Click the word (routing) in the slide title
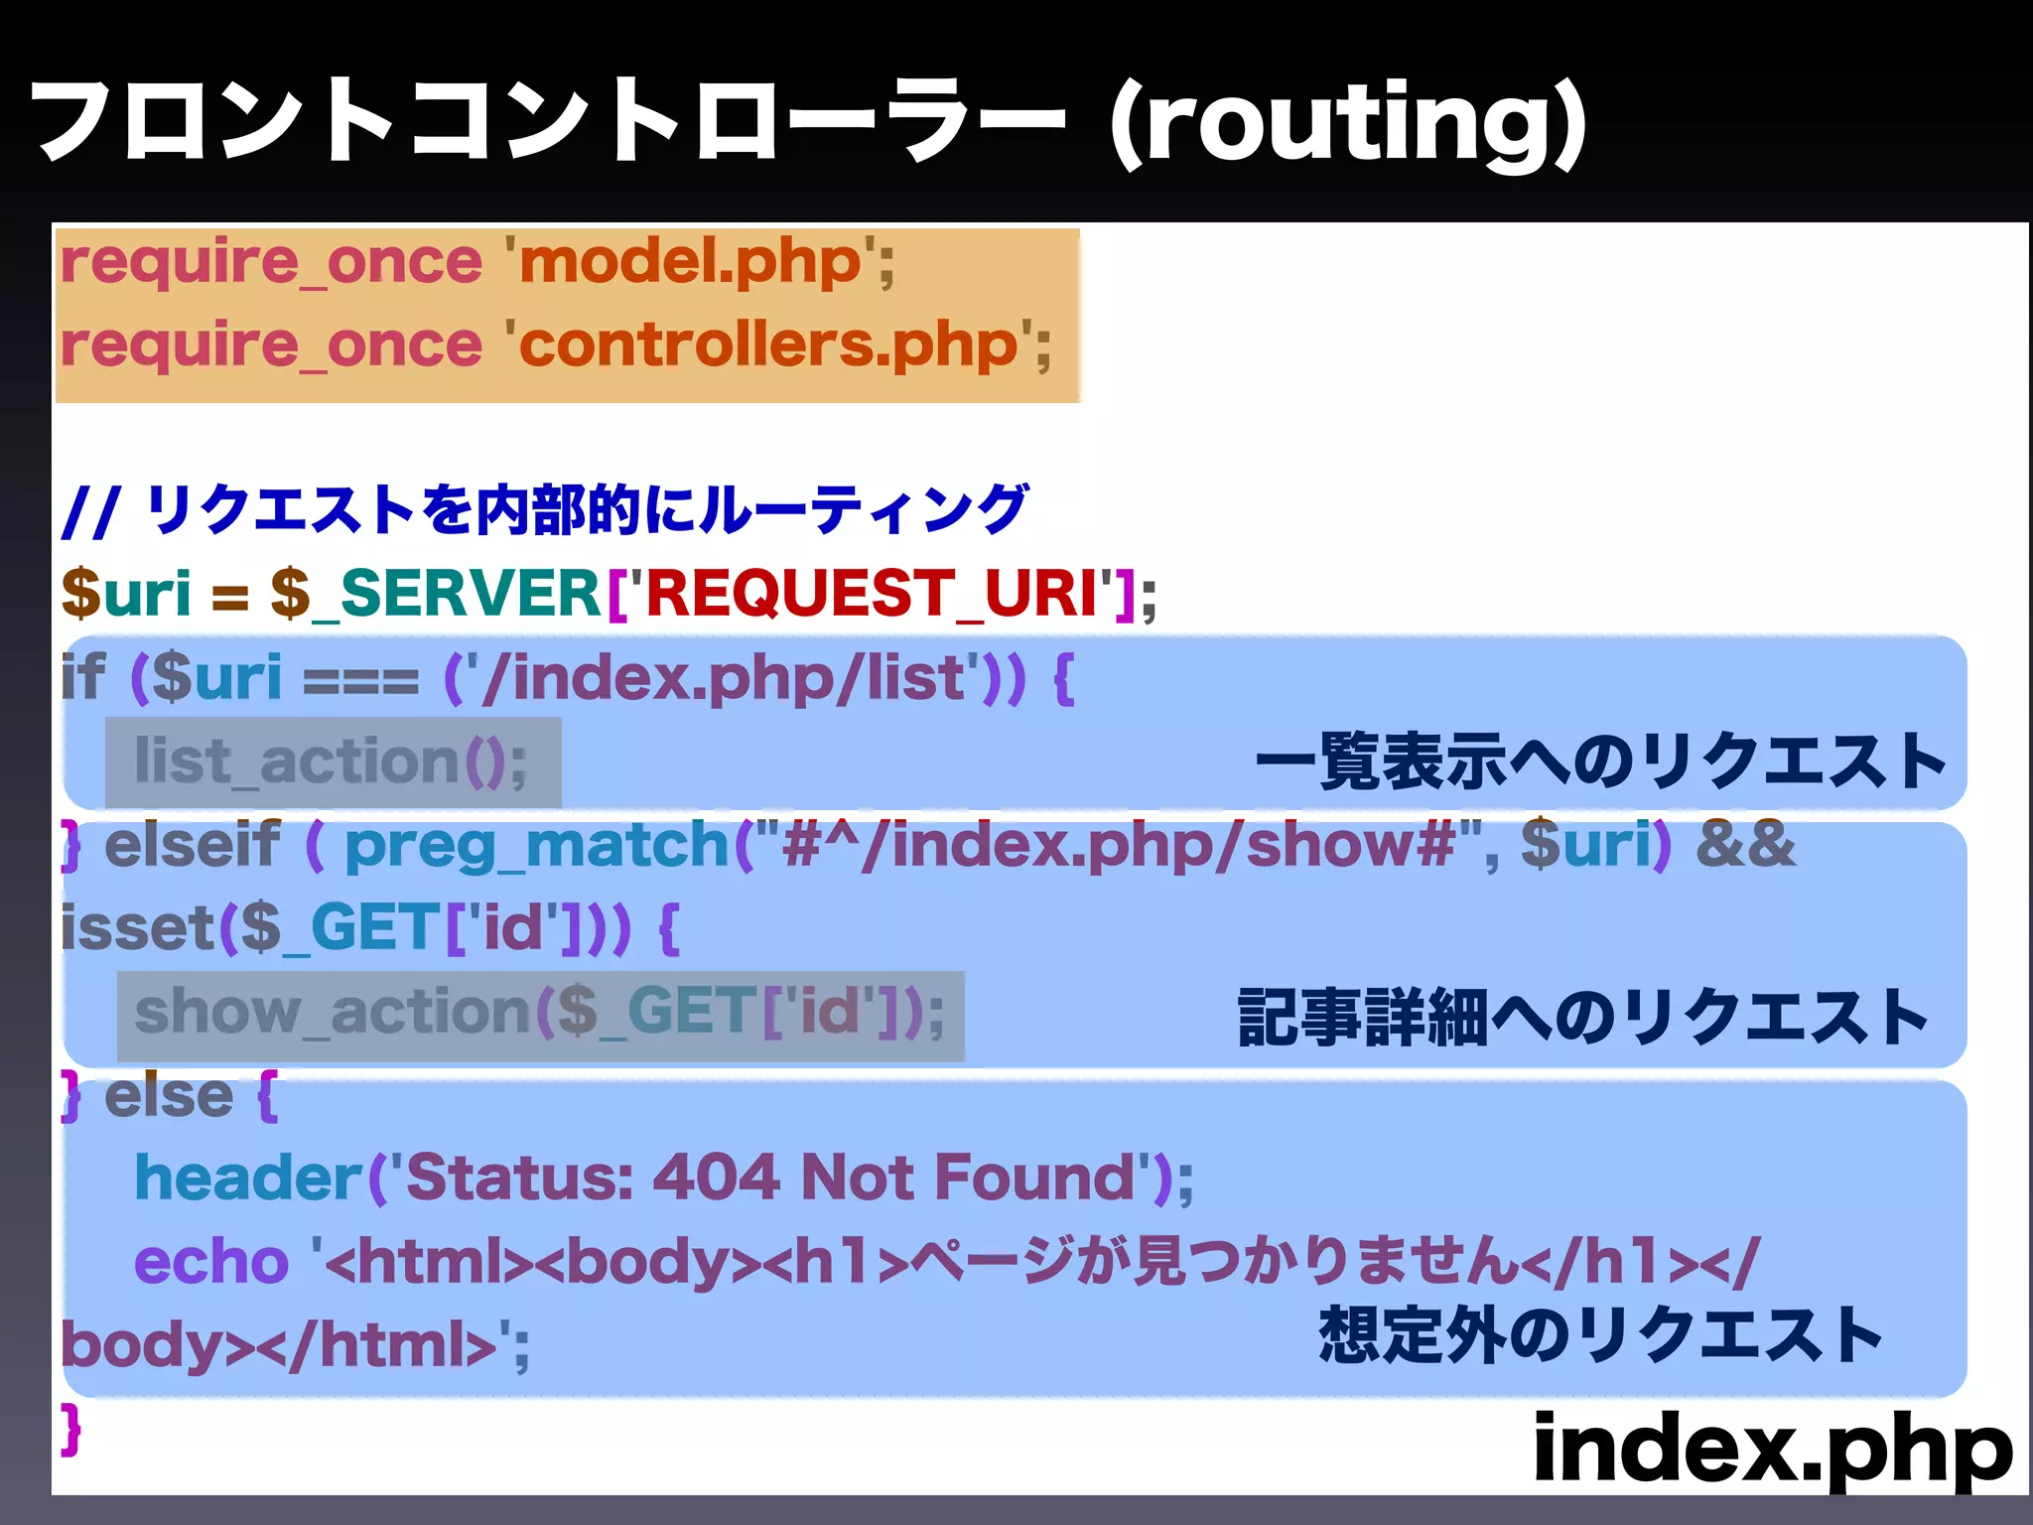click(1347, 123)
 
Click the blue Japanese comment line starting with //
click(544, 510)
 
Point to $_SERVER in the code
click(436, 594)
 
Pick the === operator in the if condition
click(360, 679)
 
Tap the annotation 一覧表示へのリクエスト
click(1600, 762)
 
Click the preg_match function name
click(537, 846)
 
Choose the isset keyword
click(138, 928)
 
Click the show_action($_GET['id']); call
click(539, 1014)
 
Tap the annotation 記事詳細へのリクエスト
click(1582, 1018)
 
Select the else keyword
click(169, 1096)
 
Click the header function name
click(249, 1178)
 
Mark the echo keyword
click(210, 1262)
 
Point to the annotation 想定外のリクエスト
click(1600, 1335)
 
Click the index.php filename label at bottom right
click(1772, 1450)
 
